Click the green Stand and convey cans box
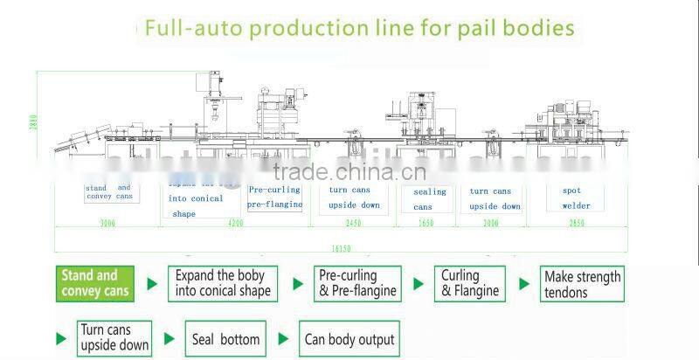[x=94, y=284]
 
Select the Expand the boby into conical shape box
[x=221, y=284]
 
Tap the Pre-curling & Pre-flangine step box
[x=357, y=284]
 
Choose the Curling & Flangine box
[x=469, y=284]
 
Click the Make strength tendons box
[x=582, y=284]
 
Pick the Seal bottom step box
[x=225, y=339]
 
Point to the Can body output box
[x=349, y=339]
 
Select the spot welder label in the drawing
[x=576, y=198]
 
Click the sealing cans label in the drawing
[x=428, y=199]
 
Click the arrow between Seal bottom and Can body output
[x=283, y=338]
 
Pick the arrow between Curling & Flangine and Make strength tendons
[x=524, y=284]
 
